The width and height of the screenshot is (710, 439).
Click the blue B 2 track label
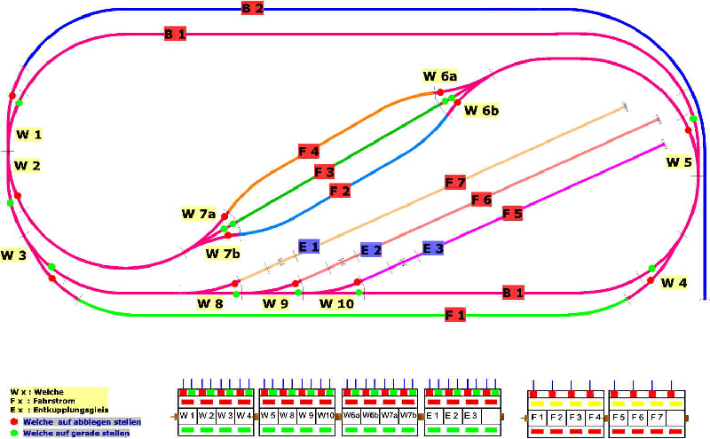tap(252, 9)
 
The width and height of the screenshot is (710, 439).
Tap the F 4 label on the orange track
tap(309, 152)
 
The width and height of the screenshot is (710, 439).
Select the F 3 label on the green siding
tap(324, 171)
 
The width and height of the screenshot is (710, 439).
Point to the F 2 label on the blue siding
tap(340, 191)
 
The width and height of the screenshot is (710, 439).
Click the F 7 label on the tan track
tap(454, 183)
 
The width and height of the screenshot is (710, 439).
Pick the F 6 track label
tap(481, 200)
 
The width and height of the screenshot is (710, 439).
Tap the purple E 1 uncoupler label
tap(309, 247)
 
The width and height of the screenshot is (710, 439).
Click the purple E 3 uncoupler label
tap(433, 248)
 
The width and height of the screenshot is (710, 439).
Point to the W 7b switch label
tap(223, 254)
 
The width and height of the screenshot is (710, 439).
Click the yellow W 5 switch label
tap(679, 162)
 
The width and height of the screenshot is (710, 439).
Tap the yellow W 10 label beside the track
tap(337, 304)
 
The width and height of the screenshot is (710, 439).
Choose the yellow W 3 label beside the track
tap(13, 255)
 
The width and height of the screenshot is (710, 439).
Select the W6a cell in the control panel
tap(351, 415)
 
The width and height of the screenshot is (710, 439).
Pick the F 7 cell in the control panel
tap(656, 415)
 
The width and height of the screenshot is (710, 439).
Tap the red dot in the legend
tap(14, 422)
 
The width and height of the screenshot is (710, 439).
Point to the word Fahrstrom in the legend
tap(53, 401)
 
